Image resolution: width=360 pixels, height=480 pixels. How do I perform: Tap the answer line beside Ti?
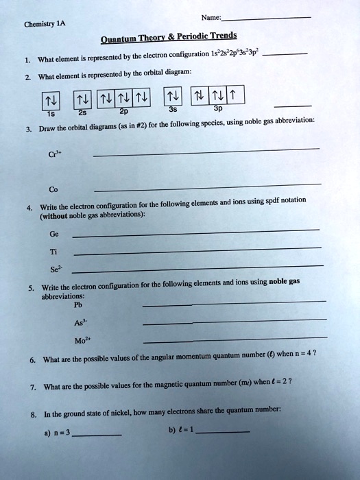(195, 250)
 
